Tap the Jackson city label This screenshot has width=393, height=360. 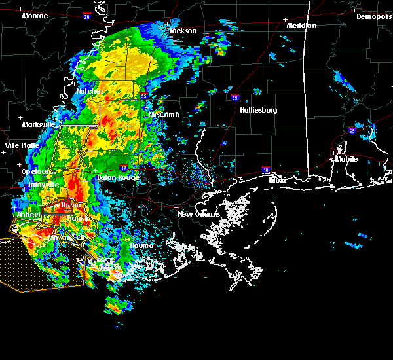pyautogui.click(x=183, y=31)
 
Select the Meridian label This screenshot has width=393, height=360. pyautogui.click(x=301, y=26)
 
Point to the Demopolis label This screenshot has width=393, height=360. pyautogui.click(x=373, y=16)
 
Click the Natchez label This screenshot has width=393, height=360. pyautogui.click(x=90, y=91)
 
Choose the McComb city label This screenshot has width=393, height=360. pyautogui.click(x=164, y=115)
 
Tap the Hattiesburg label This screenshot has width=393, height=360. pyautogui.click(x=258, y=110)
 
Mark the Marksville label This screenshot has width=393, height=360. pyautogui.click(x=38, y=124)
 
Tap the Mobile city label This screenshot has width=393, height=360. pyautogui.click(x=347, y=159)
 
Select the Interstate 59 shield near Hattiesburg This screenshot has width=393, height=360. pyautogui.click(x=235, y=98)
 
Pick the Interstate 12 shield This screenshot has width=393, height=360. pyautogui.click(x=123, y=168)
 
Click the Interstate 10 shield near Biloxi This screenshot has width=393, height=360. pyautogui.click(x=266, y=169)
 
